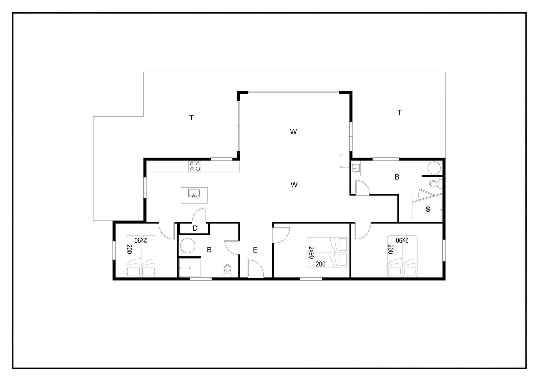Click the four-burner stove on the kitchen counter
click(195, 166)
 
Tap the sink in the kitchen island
click(194, 193)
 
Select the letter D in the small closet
click(195, 228)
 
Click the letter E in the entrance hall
click(255, 250)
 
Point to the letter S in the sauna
click(428, 209)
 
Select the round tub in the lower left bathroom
click(188, 246)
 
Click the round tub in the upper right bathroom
click(434, 168)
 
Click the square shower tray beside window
click(190, 268)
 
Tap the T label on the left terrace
click(191, 118)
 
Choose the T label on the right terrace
click(399, 113)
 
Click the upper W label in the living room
click(293, 132)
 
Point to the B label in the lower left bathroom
click(209, 250)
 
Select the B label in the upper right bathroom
click(397, 177)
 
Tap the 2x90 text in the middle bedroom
click(311, 253)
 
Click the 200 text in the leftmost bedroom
click(129, 249)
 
